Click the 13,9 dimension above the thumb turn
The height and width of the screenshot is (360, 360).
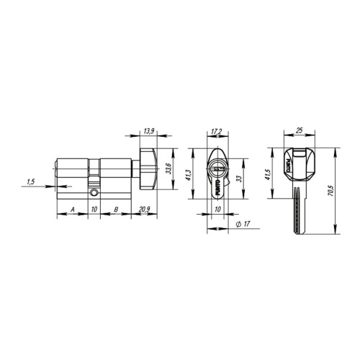point(150,130)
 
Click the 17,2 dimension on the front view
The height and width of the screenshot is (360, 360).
point(216,131)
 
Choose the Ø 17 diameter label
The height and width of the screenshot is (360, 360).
point(242,225)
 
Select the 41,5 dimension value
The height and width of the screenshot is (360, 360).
point(269,174)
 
